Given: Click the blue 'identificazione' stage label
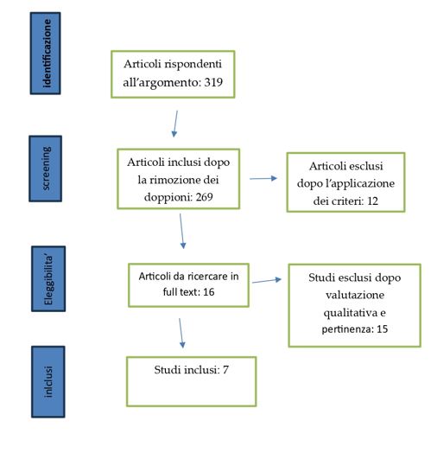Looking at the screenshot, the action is click(45, 53).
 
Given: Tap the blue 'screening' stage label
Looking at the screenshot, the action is click(45, 169).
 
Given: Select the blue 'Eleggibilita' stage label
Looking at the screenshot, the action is click(48, 278).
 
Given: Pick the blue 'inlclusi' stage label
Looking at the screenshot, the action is click(48, 381).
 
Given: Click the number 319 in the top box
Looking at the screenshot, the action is click(213, 82).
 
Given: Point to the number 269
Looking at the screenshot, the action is click(204, 197).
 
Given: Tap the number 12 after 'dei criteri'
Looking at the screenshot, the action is click(372, 201).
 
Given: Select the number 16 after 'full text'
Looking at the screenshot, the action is click(208, 292).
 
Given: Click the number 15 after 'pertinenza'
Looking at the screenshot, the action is click(382, 329).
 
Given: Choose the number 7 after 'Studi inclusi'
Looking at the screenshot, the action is click(225, 369).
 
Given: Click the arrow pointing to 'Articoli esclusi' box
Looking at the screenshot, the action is click(263, 179).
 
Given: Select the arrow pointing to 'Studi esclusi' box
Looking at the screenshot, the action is click(267, 280).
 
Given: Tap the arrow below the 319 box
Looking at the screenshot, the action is click(175, 124).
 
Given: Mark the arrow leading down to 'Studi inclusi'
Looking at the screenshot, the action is click(181, 333).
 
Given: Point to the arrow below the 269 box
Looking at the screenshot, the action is click(182, 231).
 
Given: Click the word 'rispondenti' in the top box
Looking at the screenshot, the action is click(193, 65).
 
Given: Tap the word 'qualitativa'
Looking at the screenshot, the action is click(351, 313).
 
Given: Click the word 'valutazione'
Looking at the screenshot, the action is click(355, 295).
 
